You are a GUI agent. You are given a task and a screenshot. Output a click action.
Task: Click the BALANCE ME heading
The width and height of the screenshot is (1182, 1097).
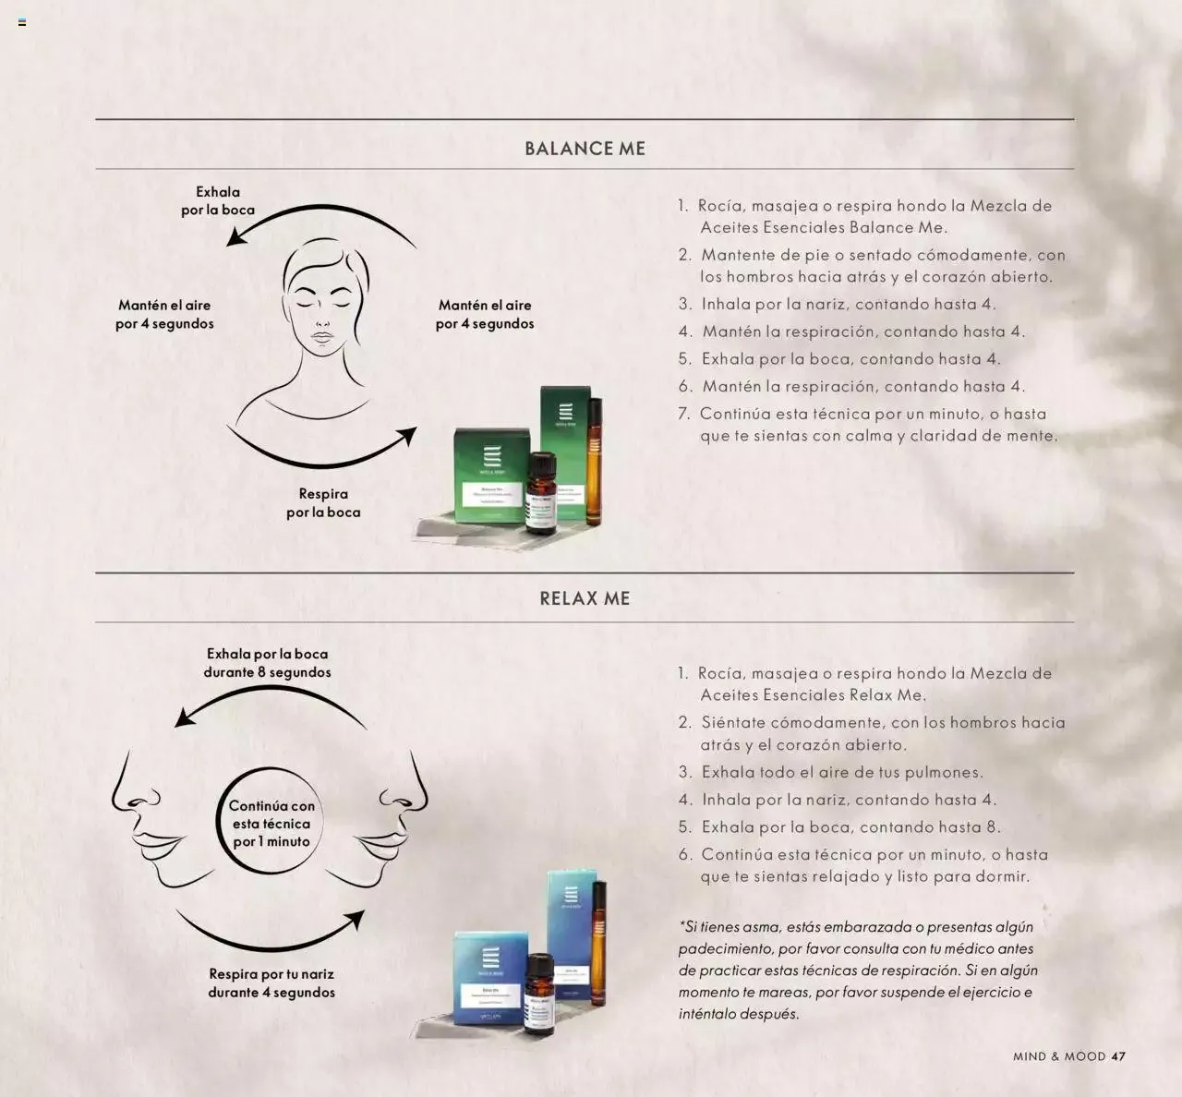coord(585,149)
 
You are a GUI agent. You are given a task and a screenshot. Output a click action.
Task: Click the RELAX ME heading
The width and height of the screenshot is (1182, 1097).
coord(585,598)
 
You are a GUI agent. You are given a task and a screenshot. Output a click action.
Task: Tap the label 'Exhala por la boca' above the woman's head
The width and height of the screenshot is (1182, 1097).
coord(218,201)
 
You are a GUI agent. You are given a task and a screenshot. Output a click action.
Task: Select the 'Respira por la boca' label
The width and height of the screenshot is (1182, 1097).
coord(323,503)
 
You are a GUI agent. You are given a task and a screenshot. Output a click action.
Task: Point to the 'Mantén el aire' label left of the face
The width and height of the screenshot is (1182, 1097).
coord(164,314)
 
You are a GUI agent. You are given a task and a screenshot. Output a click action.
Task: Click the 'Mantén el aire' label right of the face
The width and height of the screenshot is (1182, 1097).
coord(485,314)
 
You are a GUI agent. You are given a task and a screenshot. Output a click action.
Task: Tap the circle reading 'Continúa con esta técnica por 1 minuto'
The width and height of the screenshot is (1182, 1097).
coord(271,823)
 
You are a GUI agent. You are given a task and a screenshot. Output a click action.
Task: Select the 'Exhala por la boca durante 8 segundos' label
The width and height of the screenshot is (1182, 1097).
coord(267,663)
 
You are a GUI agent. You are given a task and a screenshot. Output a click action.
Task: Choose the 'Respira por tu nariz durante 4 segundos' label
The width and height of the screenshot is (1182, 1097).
coord(271,983)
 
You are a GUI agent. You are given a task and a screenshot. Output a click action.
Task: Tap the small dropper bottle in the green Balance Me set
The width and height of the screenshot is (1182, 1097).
coord(540,494)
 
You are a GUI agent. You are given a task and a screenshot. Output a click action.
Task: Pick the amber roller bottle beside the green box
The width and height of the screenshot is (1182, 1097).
coord(595,462)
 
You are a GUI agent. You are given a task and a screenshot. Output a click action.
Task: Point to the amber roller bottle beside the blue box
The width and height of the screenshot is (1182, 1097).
coord(599,942)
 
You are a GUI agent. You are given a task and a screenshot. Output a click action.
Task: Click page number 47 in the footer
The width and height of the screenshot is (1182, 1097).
coord(1118,1056)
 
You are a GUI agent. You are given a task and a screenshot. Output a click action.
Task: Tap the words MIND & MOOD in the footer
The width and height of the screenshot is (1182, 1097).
coord(1059,1056)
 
